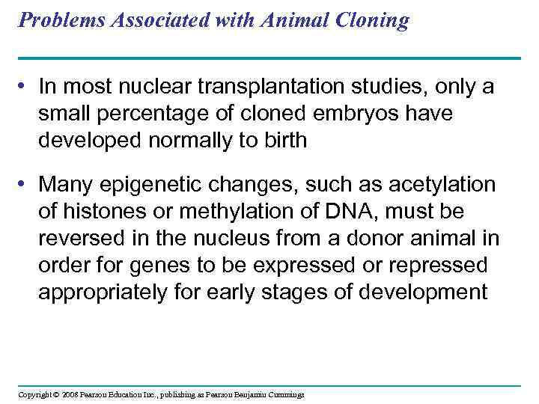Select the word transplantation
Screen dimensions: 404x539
point(281,88)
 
